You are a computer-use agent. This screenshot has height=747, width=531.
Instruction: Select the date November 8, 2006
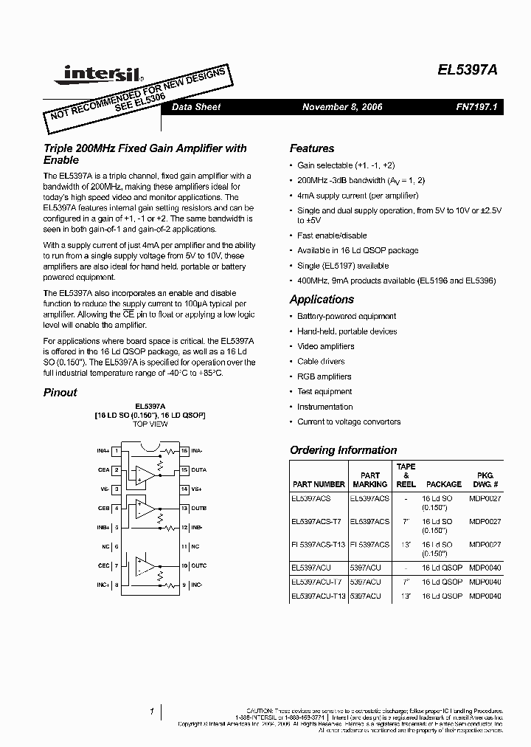tap(342, 107)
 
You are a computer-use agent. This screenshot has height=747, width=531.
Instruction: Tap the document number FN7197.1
tap(477, 107)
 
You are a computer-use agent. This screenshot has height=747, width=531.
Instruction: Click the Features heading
tap(311, 148)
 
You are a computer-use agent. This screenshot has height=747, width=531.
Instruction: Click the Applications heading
tap(322, 299)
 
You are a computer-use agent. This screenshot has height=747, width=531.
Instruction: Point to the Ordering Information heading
tap(343, 450)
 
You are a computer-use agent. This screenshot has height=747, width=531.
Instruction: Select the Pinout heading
tap(60, 392)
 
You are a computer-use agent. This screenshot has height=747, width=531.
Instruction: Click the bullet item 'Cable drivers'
tap(321, 362)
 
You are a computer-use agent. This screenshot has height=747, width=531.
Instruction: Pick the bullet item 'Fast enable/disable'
tap(332, 235)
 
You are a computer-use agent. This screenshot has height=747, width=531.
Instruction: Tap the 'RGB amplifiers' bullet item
tap(324, 376)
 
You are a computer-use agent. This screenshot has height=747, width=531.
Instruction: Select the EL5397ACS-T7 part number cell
tap(316, 521)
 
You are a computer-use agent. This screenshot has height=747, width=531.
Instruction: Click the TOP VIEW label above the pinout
tap(150, 425)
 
